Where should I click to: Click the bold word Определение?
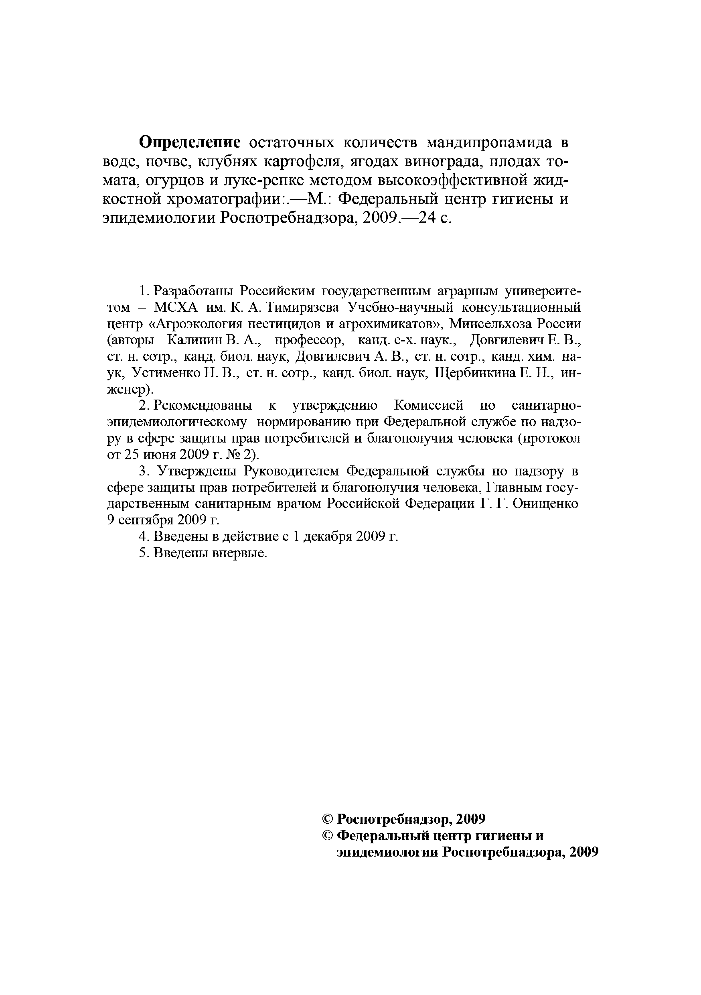coord(189,142)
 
